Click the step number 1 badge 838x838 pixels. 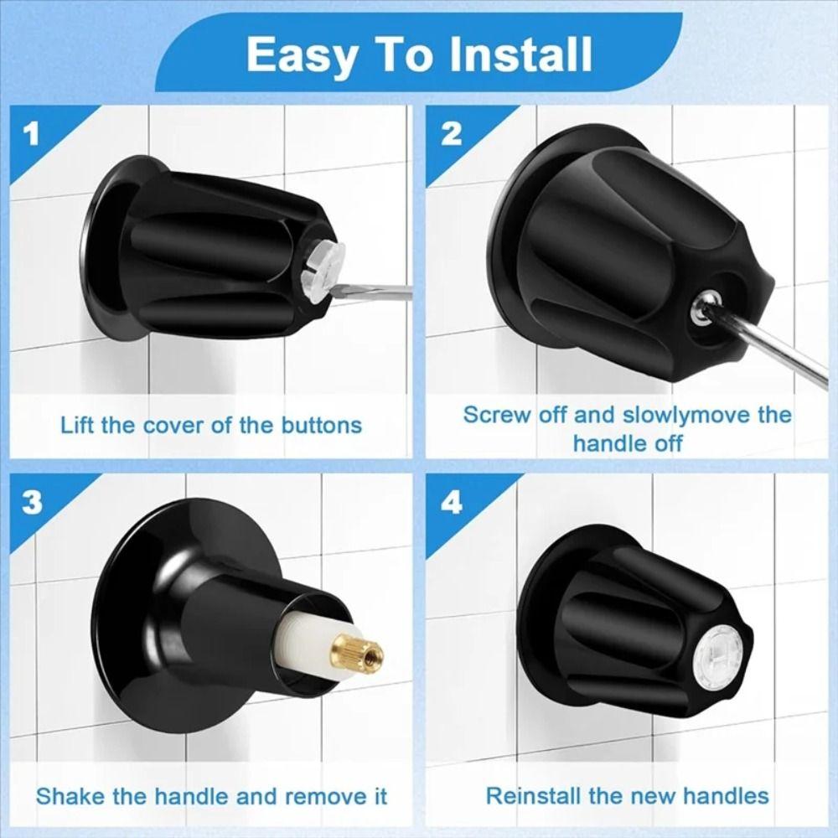[x=32, y=134]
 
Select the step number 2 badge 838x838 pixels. [x=451, y=134]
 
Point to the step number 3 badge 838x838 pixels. [x=32, y=503]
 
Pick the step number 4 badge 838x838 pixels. [x=451, y=503]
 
